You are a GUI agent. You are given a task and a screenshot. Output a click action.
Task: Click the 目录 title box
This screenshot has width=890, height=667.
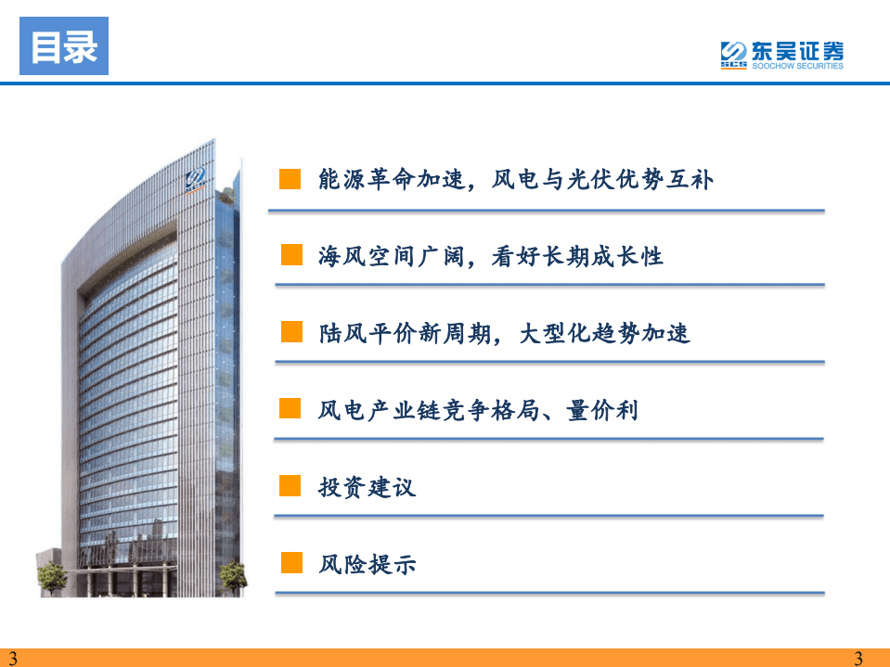click(x=64, y=46)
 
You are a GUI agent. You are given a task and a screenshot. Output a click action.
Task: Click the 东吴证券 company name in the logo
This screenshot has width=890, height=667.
click(x=796, y=49)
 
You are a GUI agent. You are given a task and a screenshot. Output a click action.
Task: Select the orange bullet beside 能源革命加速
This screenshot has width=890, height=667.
click(x=290, y=179)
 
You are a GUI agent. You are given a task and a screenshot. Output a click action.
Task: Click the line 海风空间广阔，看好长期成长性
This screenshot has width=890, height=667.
click(x=491, y=255)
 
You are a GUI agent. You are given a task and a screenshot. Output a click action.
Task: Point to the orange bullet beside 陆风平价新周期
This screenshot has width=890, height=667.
click(x=291, y=332)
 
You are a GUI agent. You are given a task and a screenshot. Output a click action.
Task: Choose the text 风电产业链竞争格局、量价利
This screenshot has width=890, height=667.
click(x=478, y=409)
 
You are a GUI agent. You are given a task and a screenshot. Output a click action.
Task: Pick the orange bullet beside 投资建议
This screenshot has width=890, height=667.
click(x=290, y=486)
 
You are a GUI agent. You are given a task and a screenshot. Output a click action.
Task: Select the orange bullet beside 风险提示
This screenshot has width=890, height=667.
click(x=291, y=563)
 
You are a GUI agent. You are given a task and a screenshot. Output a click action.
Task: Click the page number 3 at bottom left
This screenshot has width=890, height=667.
click(x=12, y=659)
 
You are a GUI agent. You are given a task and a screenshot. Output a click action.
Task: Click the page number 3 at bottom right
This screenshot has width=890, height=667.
click(x=858, y=659)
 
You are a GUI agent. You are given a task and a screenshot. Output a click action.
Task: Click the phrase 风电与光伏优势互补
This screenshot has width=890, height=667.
click(x=613, y=179)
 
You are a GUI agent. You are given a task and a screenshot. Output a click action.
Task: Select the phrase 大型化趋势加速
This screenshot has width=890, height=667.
click(x=605, y=332)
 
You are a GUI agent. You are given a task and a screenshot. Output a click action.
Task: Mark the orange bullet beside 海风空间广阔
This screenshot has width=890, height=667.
click(x=291, y=255)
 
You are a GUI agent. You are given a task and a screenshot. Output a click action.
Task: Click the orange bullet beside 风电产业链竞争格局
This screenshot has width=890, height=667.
click(x=290, y=409)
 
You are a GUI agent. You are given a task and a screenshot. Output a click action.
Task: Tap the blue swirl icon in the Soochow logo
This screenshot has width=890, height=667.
click(x=734, y=53)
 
